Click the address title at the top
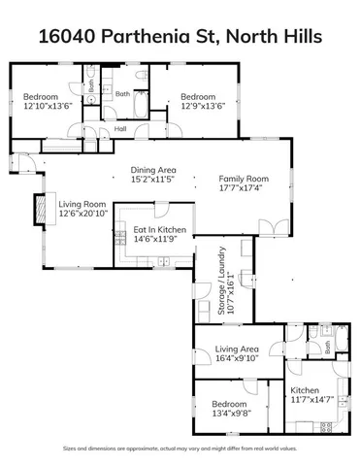[180, 38]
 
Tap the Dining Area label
[153, 170]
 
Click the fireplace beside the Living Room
[40, 209]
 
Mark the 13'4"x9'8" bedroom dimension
[232, 412]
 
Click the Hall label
[120, 128]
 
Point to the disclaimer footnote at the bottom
[180, 448]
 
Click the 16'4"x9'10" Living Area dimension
[236, 357]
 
